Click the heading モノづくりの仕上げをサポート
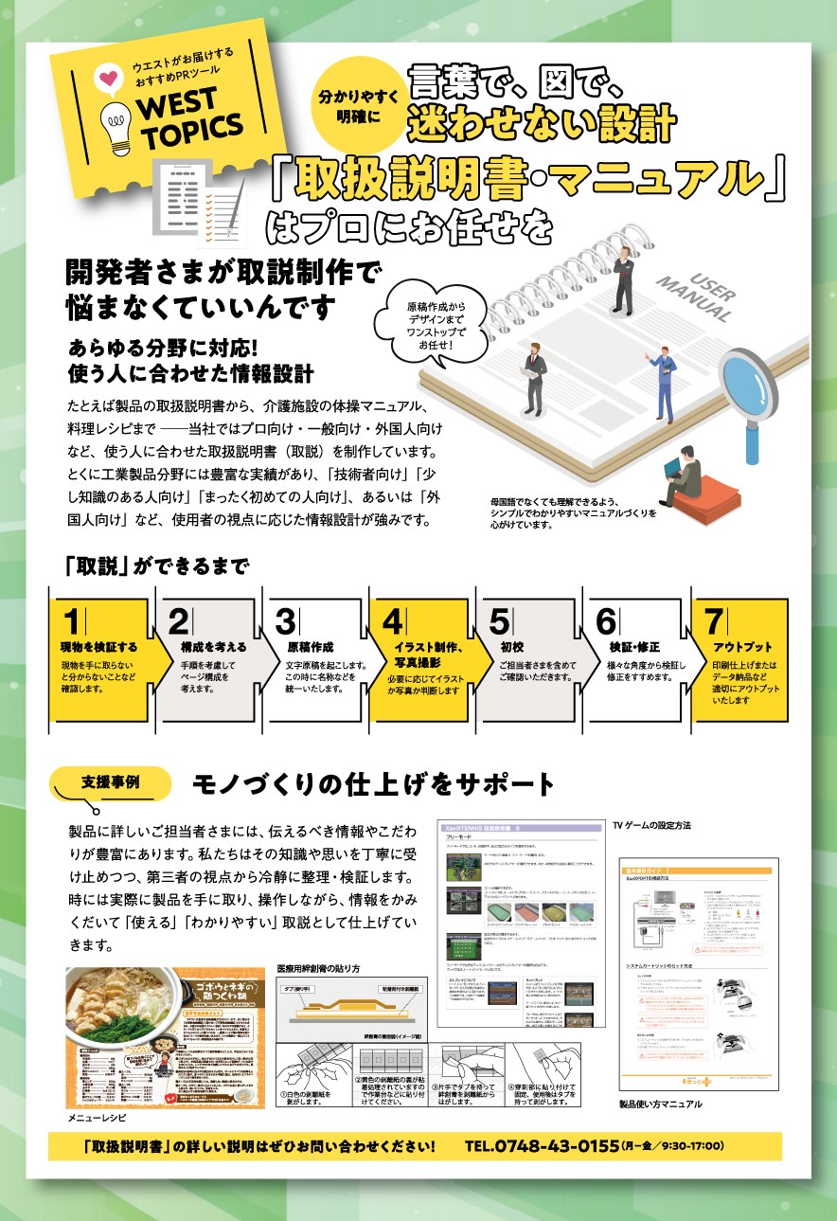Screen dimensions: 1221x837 point(373,784)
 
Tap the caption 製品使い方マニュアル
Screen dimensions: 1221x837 point(661,1104)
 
